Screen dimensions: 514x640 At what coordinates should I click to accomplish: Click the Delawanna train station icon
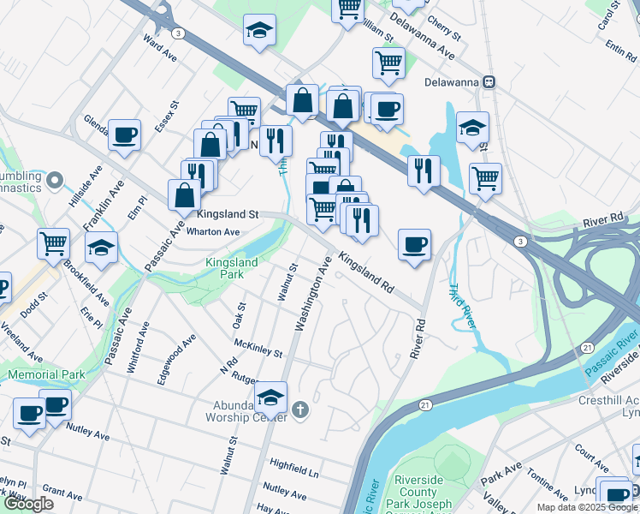(489, 82)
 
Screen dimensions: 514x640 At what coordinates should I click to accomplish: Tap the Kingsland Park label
(224, 268)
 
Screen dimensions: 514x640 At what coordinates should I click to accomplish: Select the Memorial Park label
(47, 374)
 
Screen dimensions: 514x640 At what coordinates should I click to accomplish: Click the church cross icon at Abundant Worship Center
(299, 409)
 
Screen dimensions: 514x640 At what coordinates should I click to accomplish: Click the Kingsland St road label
(228, 214)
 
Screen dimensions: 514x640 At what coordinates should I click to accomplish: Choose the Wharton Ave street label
(212, 231)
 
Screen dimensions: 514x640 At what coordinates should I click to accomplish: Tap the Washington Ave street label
(312, 293)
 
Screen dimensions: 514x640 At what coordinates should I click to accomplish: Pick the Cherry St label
(443, 31)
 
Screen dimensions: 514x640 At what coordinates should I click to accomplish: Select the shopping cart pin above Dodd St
(54, 243)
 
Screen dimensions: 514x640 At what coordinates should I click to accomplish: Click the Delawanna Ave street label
(421, 33)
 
